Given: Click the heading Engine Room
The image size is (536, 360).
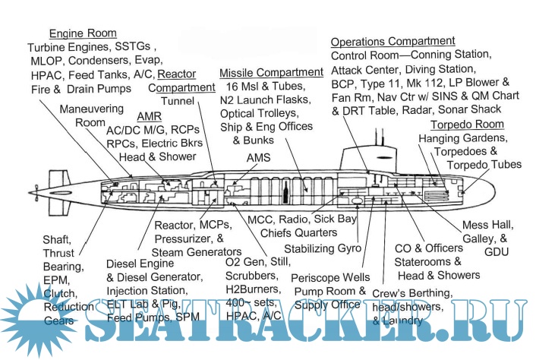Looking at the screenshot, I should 83,33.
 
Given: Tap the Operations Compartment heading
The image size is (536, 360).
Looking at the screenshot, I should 393,41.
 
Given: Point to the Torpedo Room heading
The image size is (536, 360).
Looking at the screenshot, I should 467,125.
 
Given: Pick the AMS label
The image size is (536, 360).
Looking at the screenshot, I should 259,156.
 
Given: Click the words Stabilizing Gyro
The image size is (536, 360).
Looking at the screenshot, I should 322,248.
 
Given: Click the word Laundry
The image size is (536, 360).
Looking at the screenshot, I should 408,321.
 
